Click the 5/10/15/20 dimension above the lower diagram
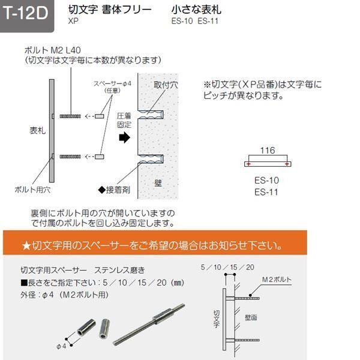click(228, 267)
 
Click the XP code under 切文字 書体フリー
click(73, 22)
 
